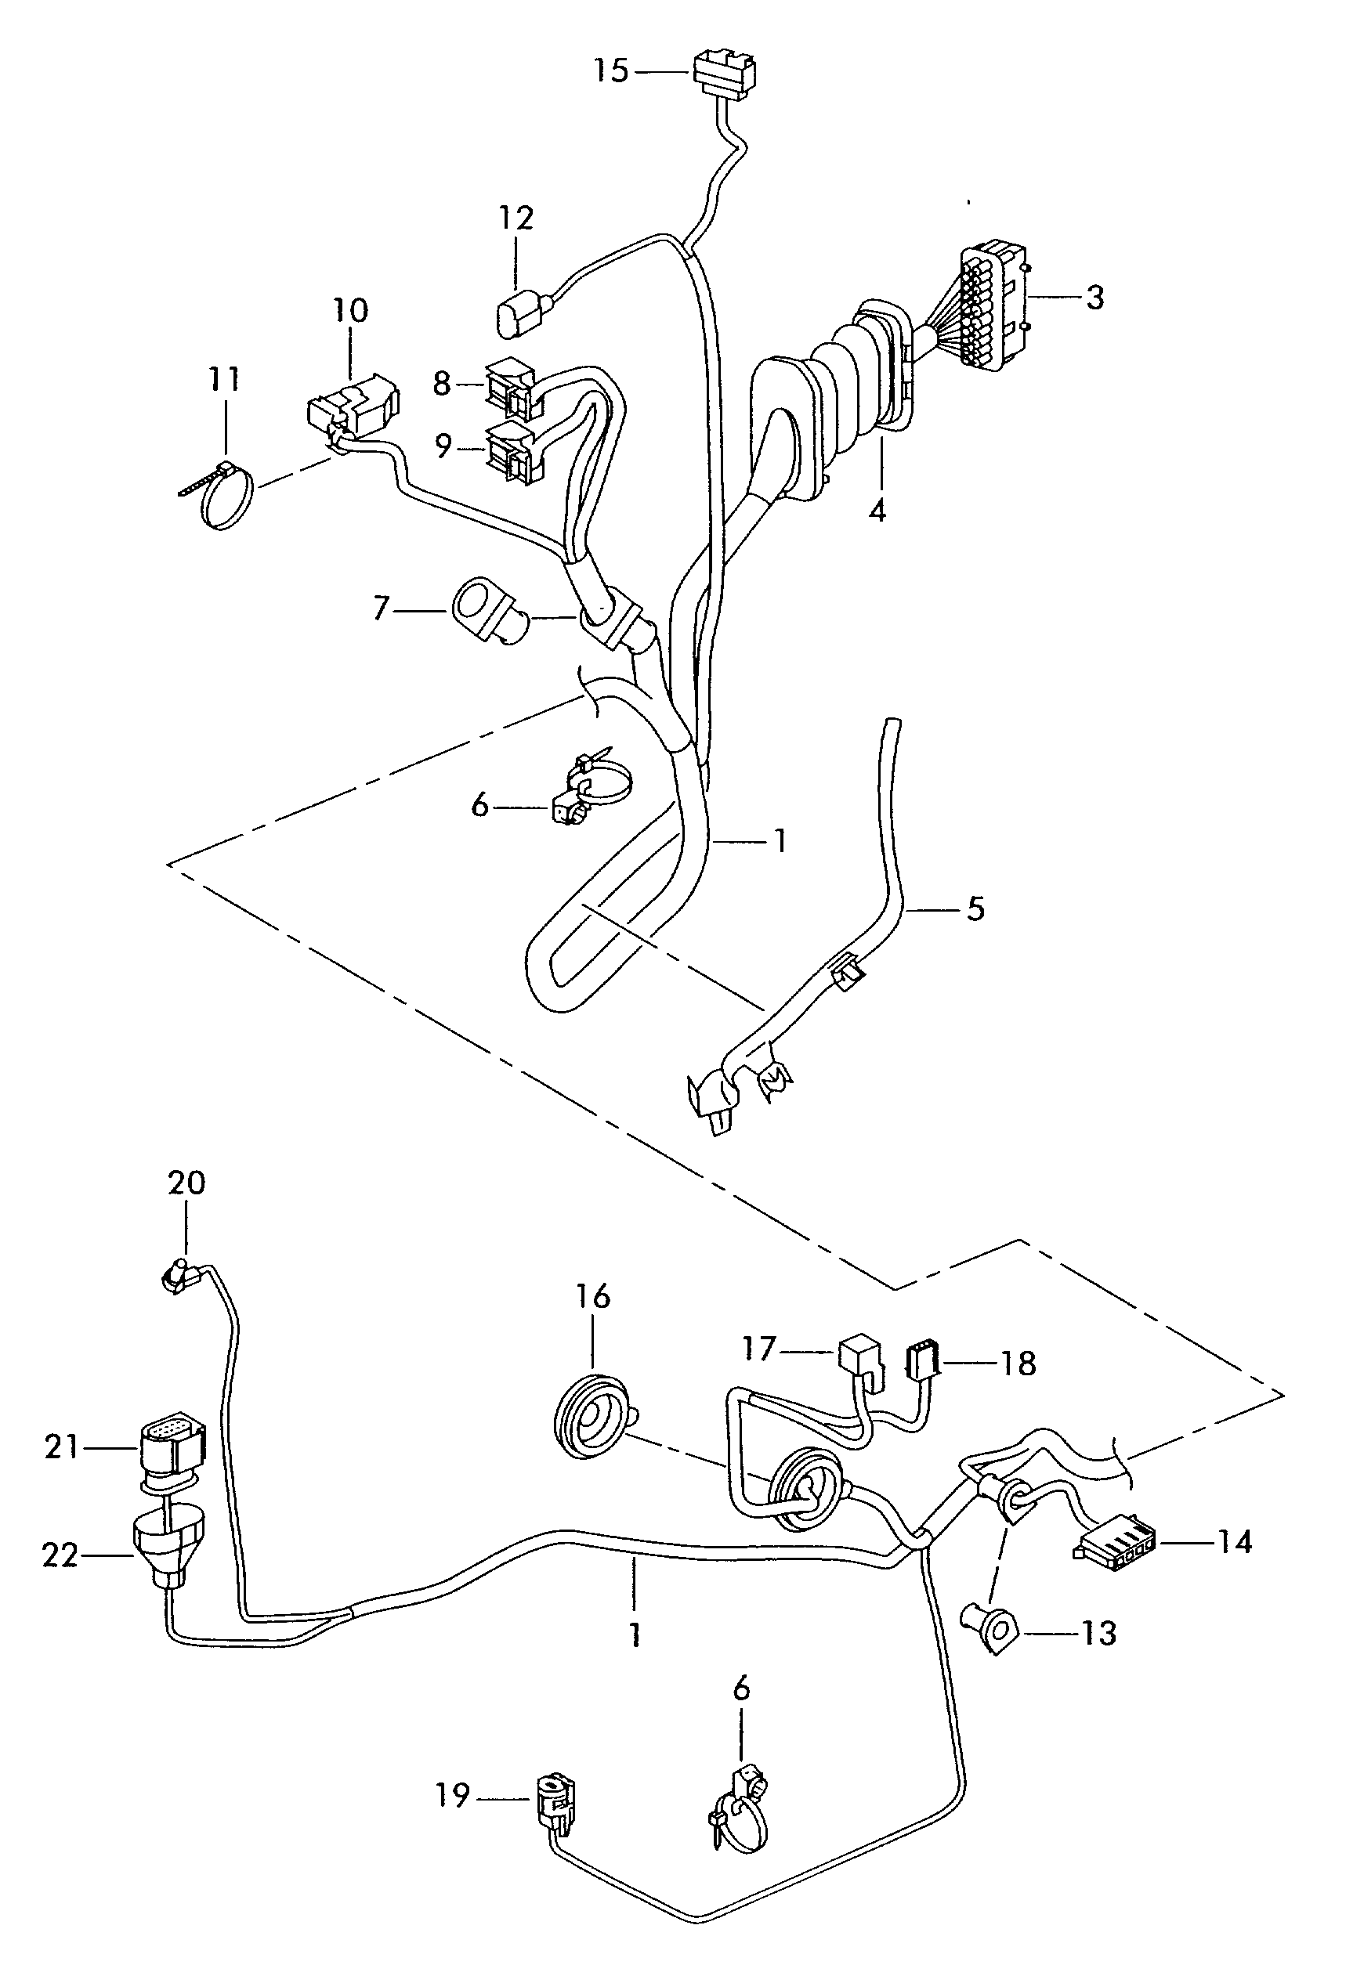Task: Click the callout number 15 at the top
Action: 611,70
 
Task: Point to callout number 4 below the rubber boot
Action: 877,510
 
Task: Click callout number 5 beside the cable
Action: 975,908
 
